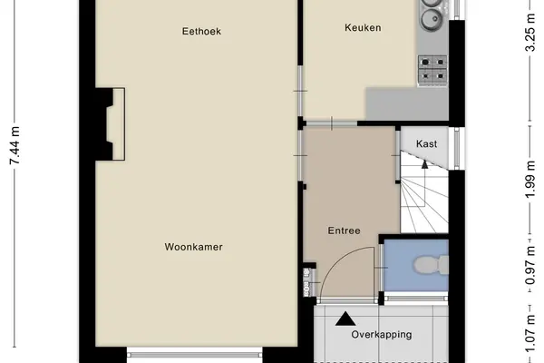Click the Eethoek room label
(201, 31)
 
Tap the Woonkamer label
(194, 247)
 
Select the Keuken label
(363, 27)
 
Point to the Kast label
(426, 143)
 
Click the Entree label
(345, 231)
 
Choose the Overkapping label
(382, 335)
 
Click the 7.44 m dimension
(15, 145)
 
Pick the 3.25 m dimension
(529, 32)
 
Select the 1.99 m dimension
(529, 180)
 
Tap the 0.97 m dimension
(529, 265)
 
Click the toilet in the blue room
(431, 265)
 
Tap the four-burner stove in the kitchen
(432, 71)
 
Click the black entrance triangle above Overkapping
(345, 319)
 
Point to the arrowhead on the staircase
(424, 164)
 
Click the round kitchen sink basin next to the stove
(430, 18)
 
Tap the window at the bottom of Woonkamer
(195, 355)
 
